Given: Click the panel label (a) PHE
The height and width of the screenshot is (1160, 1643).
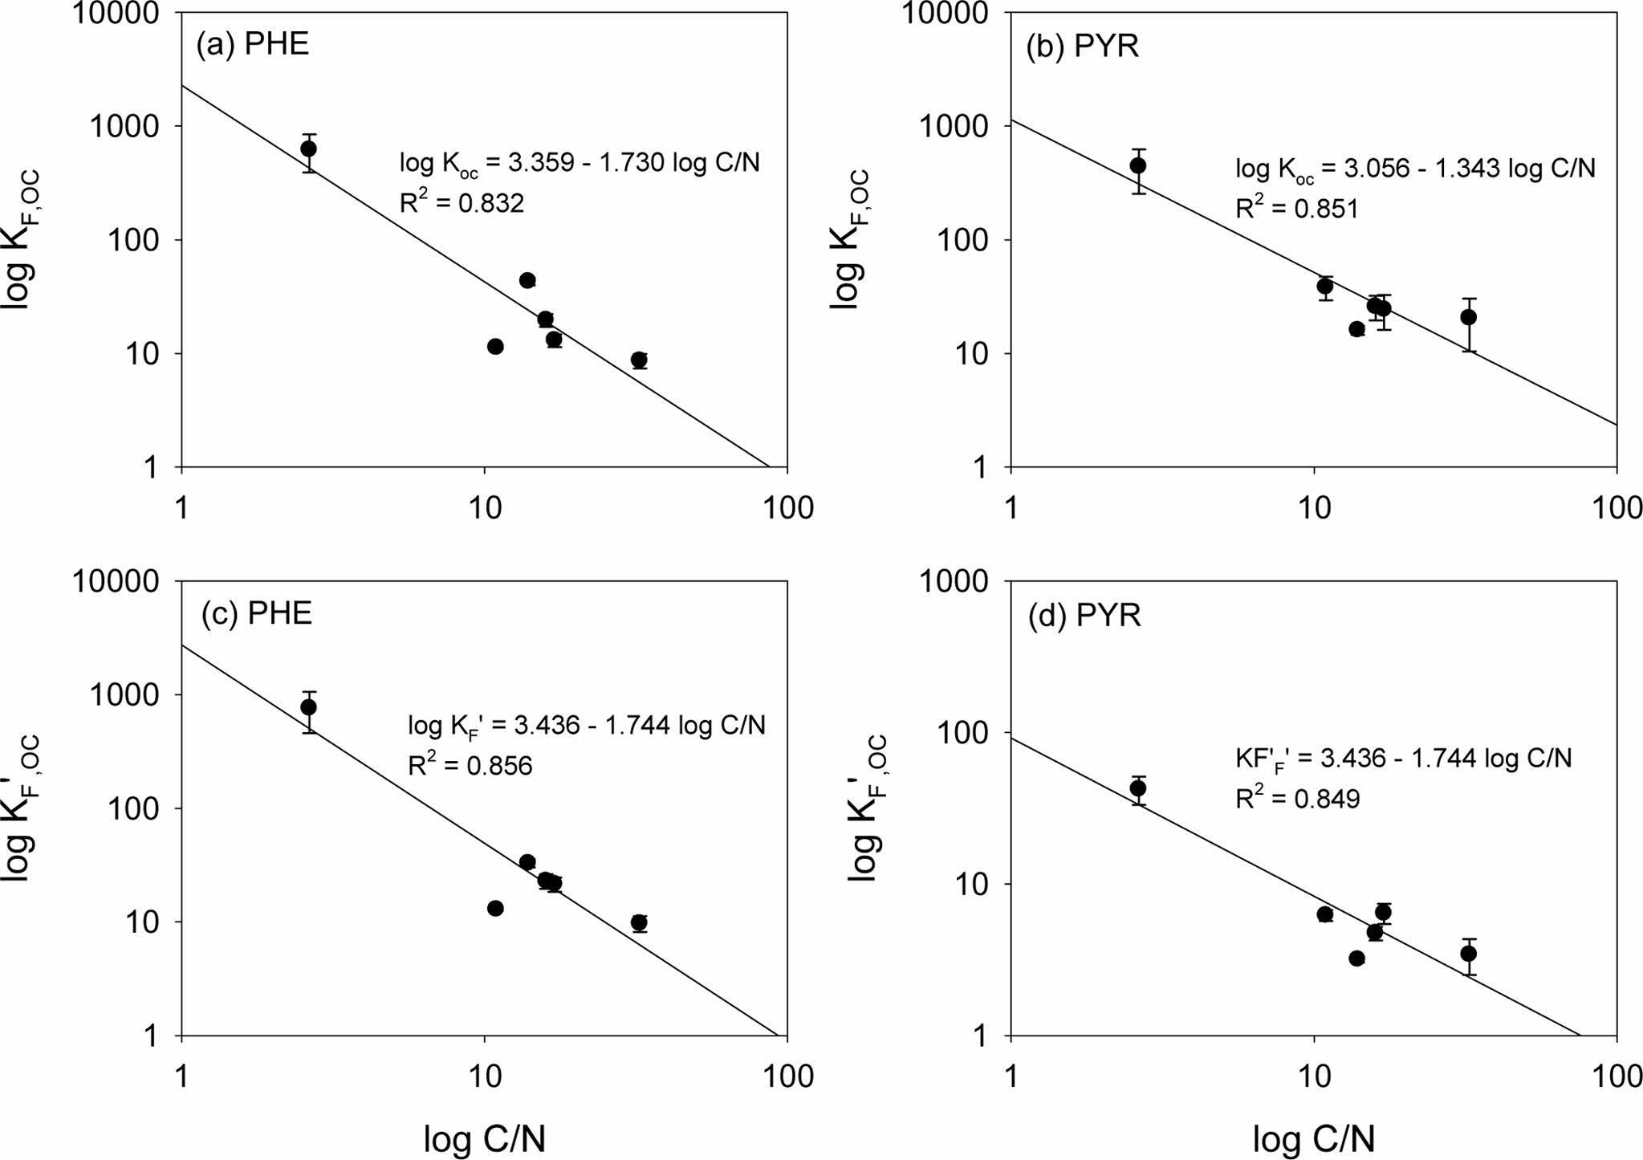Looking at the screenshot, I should click(253, 44).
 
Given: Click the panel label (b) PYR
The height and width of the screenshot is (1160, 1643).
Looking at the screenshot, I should click(1083, 47).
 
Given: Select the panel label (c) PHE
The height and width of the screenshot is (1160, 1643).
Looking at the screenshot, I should click(256, 613).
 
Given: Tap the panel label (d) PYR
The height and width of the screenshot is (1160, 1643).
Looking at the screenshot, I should click(1084, 616).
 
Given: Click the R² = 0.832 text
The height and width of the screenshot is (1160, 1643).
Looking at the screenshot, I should click(462, 201).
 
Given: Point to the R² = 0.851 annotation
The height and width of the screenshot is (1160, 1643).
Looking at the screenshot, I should click(1296, 207).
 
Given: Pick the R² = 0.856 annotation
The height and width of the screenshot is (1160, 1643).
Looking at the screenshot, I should click(470, 764).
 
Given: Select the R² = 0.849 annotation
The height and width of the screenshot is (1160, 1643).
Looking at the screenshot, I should click(1297, 797).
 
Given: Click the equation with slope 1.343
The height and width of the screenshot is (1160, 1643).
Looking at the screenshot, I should click(1414, 169).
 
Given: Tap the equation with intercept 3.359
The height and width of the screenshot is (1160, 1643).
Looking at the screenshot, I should click(580, 163).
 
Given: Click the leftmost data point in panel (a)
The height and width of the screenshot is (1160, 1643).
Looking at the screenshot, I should click(308, 149).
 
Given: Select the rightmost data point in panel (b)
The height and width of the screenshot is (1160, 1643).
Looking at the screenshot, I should click(1468, 317).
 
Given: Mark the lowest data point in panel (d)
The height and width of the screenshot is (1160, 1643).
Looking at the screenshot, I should click(1356, 958).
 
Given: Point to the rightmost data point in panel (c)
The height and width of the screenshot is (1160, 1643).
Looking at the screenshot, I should click(639, 922).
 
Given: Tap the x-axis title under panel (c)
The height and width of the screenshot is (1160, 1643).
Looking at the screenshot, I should click(485, 1139).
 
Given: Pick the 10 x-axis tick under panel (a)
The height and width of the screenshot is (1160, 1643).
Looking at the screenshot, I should click(484, 507).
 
